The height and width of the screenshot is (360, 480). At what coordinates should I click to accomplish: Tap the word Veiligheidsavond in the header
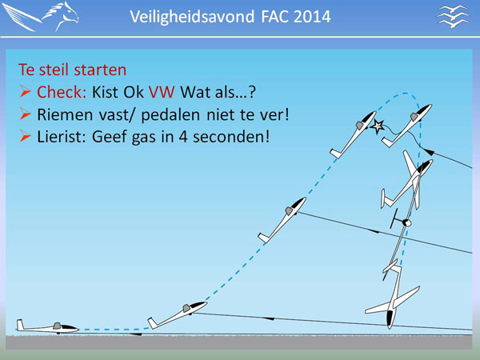coord(192,17)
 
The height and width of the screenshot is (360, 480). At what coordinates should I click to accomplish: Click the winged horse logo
coord(41,16)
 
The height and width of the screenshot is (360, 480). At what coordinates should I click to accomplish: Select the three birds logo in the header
coord(453,16)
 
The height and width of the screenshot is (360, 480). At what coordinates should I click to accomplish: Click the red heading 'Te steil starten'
coord(73,70)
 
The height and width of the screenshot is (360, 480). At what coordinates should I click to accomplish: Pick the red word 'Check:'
coord(62,91)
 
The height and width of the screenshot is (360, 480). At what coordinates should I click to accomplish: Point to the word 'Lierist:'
coord(62,137)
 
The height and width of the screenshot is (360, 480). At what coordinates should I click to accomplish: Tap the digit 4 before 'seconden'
coord(183,137)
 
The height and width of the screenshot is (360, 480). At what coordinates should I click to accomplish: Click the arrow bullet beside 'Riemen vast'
coord(25,114)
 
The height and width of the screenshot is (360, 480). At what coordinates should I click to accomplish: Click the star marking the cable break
coord(378,126)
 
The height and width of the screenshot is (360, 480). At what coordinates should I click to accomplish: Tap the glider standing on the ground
coord(47,327)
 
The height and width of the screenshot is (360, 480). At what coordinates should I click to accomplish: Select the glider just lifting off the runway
coord(178,314)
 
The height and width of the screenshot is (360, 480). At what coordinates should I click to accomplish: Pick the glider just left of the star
coord(353,134)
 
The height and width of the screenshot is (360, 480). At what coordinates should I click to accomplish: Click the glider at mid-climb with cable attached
coord(282,220)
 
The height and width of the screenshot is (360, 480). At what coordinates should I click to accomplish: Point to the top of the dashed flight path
coord(405,93)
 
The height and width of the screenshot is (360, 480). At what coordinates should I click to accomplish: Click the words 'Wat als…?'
coord(218,91)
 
